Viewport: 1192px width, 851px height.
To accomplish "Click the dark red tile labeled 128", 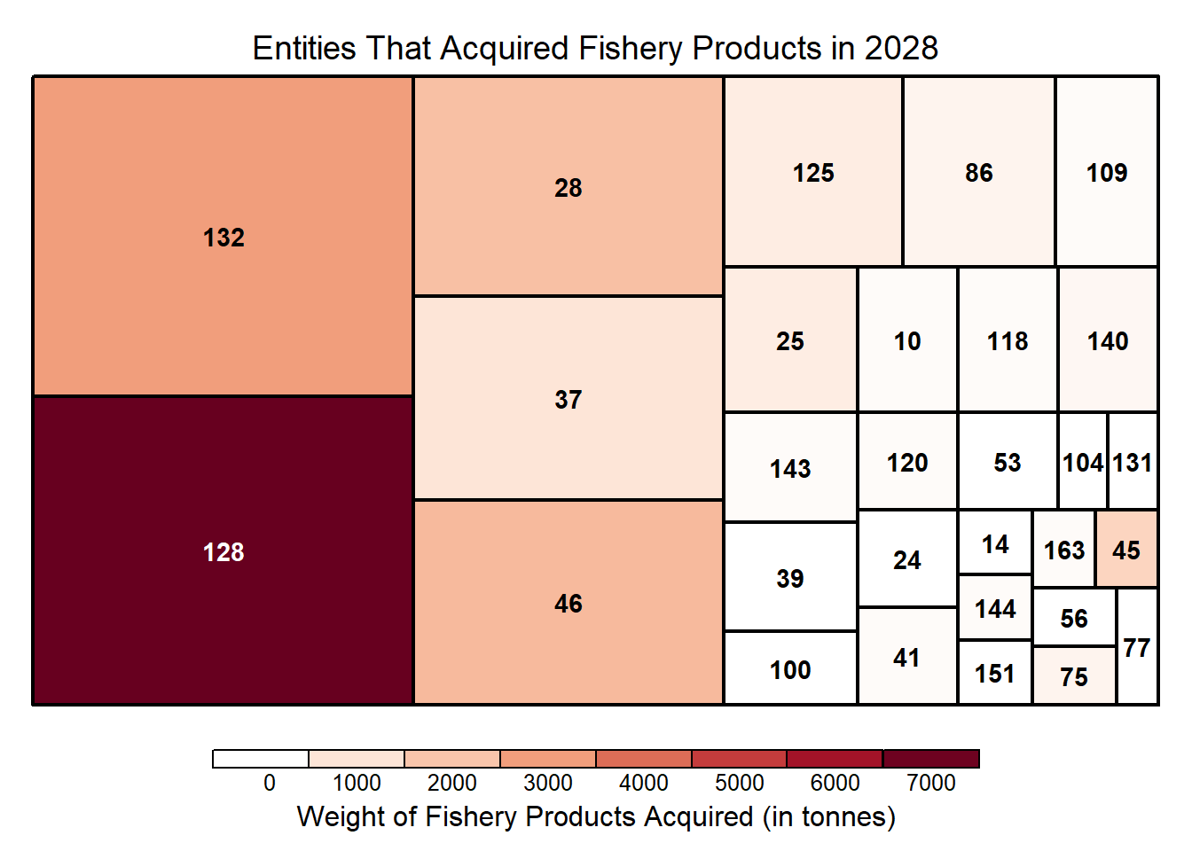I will (x=223, y=550).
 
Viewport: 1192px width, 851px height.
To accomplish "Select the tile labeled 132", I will (x=223, y=237).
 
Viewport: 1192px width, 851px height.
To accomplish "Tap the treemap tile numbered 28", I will (x=568, y=186).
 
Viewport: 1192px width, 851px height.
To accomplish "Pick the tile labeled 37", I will (x=568, y=398).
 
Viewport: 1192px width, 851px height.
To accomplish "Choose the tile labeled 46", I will (x=568, y=603).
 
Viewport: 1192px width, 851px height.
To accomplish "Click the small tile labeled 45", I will (x=1126, y=549).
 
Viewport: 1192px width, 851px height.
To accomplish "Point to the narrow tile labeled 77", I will (x=1137, y=647).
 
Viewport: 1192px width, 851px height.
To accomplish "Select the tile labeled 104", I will (x=1083, y=462).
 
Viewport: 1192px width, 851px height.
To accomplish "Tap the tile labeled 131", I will (x=1133, y=462).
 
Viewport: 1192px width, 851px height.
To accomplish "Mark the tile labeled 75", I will (x=1074, y=676).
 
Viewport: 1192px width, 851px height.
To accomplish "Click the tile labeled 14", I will (x=995, y=543).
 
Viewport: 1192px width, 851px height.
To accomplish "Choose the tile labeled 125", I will (x=813, y=172).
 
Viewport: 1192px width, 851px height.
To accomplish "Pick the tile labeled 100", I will (x=790, y=669).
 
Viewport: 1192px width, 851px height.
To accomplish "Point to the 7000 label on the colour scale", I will (x=931, y=783).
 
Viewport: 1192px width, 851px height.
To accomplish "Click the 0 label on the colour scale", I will (x=270, y=783).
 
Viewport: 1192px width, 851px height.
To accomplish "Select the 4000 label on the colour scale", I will (x=644, y=783).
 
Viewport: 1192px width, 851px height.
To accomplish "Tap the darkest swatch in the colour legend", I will (x=931, y=759).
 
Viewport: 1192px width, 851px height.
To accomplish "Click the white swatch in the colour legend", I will (x=261, y=759).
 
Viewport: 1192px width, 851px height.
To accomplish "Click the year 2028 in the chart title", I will (x=901, y=48).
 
